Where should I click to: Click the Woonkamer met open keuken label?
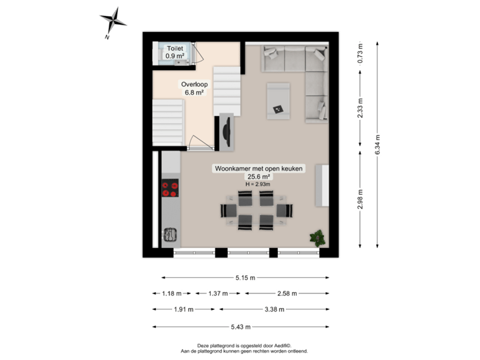(x=258, y=169)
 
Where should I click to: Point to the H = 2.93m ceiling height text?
(x=257, y=184)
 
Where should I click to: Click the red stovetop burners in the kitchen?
(x=171, y=189)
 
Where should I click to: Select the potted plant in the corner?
(x=318, y=236)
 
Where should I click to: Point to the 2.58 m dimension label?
(x=288, y=293)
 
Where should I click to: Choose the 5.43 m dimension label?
(x=241, y=327)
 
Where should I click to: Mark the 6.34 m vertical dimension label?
(x=378, y=144)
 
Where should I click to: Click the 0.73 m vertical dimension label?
(x=360, y=53)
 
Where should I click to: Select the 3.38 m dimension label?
(x=275, y=309)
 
